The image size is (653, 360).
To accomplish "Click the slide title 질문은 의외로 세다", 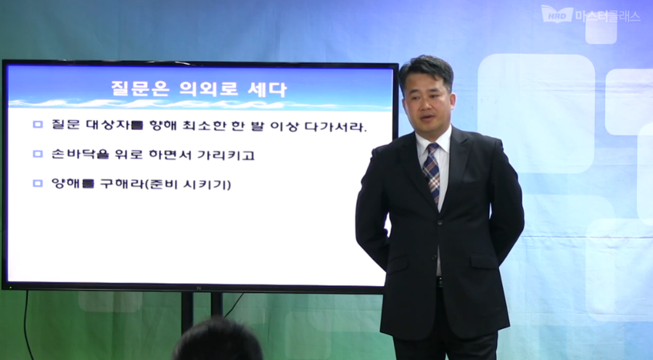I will [x=198, y=90].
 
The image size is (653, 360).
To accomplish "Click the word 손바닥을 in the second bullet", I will [x=73, y=155].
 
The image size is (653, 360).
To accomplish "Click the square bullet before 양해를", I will [x=38, y=184].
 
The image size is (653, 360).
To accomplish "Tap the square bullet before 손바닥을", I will [x=38, y=154].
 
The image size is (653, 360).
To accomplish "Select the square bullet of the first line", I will [x=38, y=125].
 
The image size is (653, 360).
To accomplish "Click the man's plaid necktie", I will [x=432, y=171].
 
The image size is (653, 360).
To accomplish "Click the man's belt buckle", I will [x=439, y=282].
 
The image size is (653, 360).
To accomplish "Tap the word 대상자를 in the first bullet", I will [x=119, y=126].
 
